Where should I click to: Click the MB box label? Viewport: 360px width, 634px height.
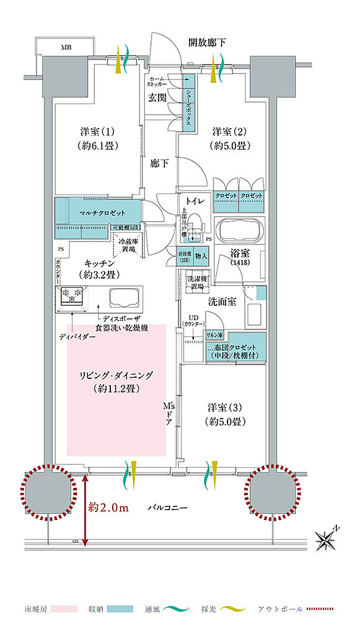pos(66,46)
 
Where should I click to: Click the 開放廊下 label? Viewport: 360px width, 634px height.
pos(207,43)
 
